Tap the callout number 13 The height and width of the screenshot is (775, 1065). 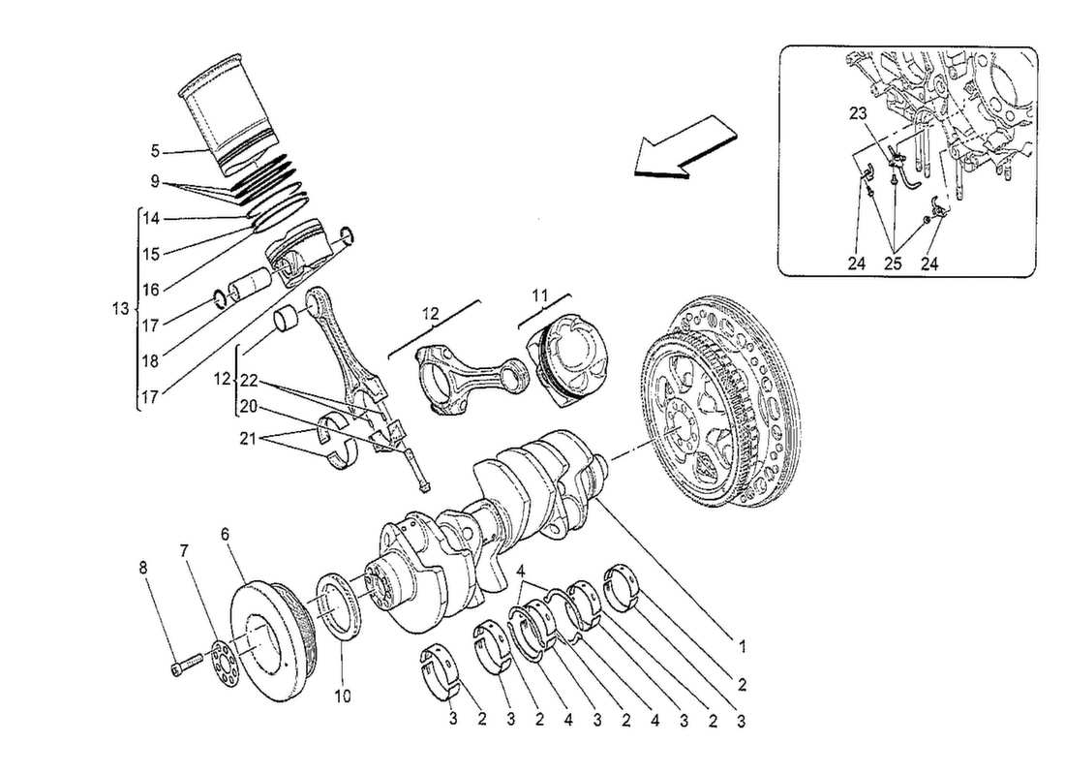pos(119,310)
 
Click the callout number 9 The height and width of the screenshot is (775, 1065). pos(155,180)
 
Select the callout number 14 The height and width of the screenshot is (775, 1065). pos(151,220)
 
